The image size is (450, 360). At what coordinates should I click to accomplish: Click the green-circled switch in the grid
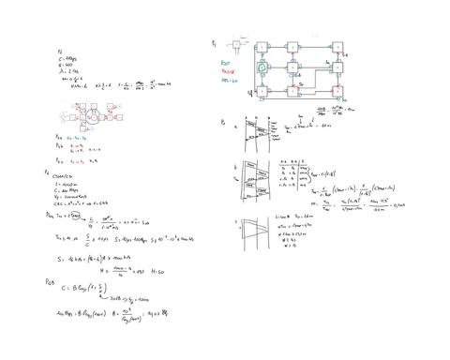pyautogui.click(x=266, y=67)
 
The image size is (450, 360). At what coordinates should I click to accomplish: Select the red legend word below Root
pyautogui.click(x=227, y=70)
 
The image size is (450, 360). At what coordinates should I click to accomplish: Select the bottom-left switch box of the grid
pyautogui.click(x=266, y=92)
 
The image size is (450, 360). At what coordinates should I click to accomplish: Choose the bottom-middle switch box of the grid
pyautogui.click(x=293, y=92)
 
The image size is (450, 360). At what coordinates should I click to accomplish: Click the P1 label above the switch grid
pyautogui.click(x=214, y=42)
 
